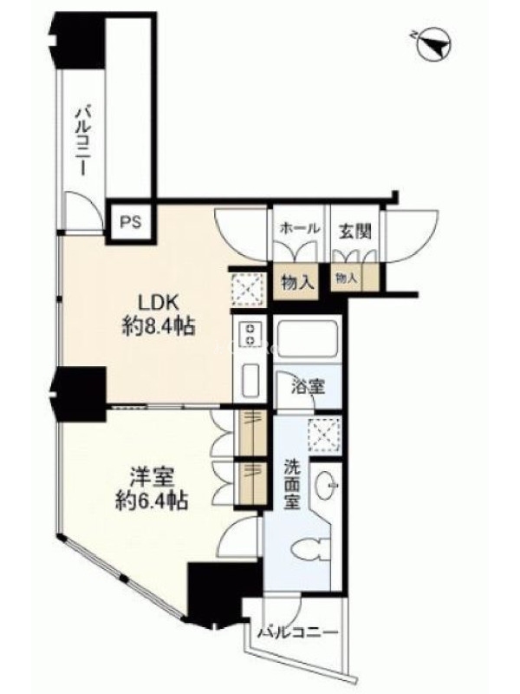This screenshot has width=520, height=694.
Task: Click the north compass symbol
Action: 433,45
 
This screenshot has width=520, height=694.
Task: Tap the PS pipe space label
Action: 131,222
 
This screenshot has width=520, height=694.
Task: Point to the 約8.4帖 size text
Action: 159,327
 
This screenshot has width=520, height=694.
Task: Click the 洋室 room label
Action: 152,478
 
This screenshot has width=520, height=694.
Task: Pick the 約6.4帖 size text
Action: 152,501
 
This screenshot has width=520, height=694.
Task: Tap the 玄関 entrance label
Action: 354,231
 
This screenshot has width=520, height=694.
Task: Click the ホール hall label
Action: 300,229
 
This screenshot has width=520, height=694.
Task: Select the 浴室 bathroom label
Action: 308,387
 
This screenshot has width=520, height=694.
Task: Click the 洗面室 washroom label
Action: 292,484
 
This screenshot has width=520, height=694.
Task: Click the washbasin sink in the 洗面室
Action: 327,486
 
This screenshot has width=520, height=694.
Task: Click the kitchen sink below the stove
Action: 251,380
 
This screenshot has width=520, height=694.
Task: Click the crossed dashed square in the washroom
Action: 325,435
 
